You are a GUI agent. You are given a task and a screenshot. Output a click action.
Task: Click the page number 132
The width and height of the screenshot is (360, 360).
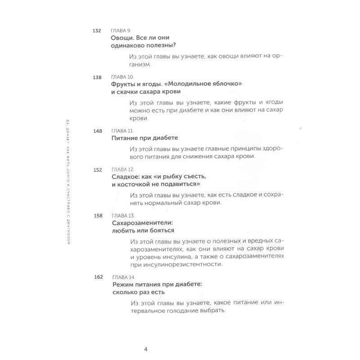pyautogui.click(x=96, y=31)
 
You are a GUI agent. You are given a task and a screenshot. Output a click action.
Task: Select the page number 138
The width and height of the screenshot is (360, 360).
pyautogui.click(x=96, y=77)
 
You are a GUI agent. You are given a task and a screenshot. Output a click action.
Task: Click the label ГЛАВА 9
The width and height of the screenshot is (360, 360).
pyautogui.click(x=120, y=31)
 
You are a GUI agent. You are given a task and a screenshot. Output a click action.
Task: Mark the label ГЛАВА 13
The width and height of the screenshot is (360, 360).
pyautogui.click(x=121, y=216)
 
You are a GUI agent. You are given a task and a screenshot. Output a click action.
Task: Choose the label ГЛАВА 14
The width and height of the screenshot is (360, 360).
pyautogui.click(x=123, y=277)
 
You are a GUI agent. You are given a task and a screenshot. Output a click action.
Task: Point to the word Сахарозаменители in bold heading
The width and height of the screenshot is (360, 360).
pyautogui.click(x=142, y=223)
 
